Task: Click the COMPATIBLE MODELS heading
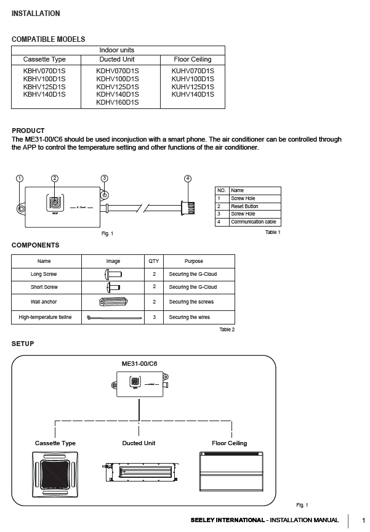48,39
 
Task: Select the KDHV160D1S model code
118,102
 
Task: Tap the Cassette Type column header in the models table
44,59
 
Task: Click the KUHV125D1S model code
193,87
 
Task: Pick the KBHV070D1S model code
44,71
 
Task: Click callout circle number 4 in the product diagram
188,179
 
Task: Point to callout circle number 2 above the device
55,179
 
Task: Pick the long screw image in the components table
113,273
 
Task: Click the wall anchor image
113,302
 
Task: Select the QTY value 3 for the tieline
154,317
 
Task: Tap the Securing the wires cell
193,317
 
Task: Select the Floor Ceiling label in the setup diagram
229,443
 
